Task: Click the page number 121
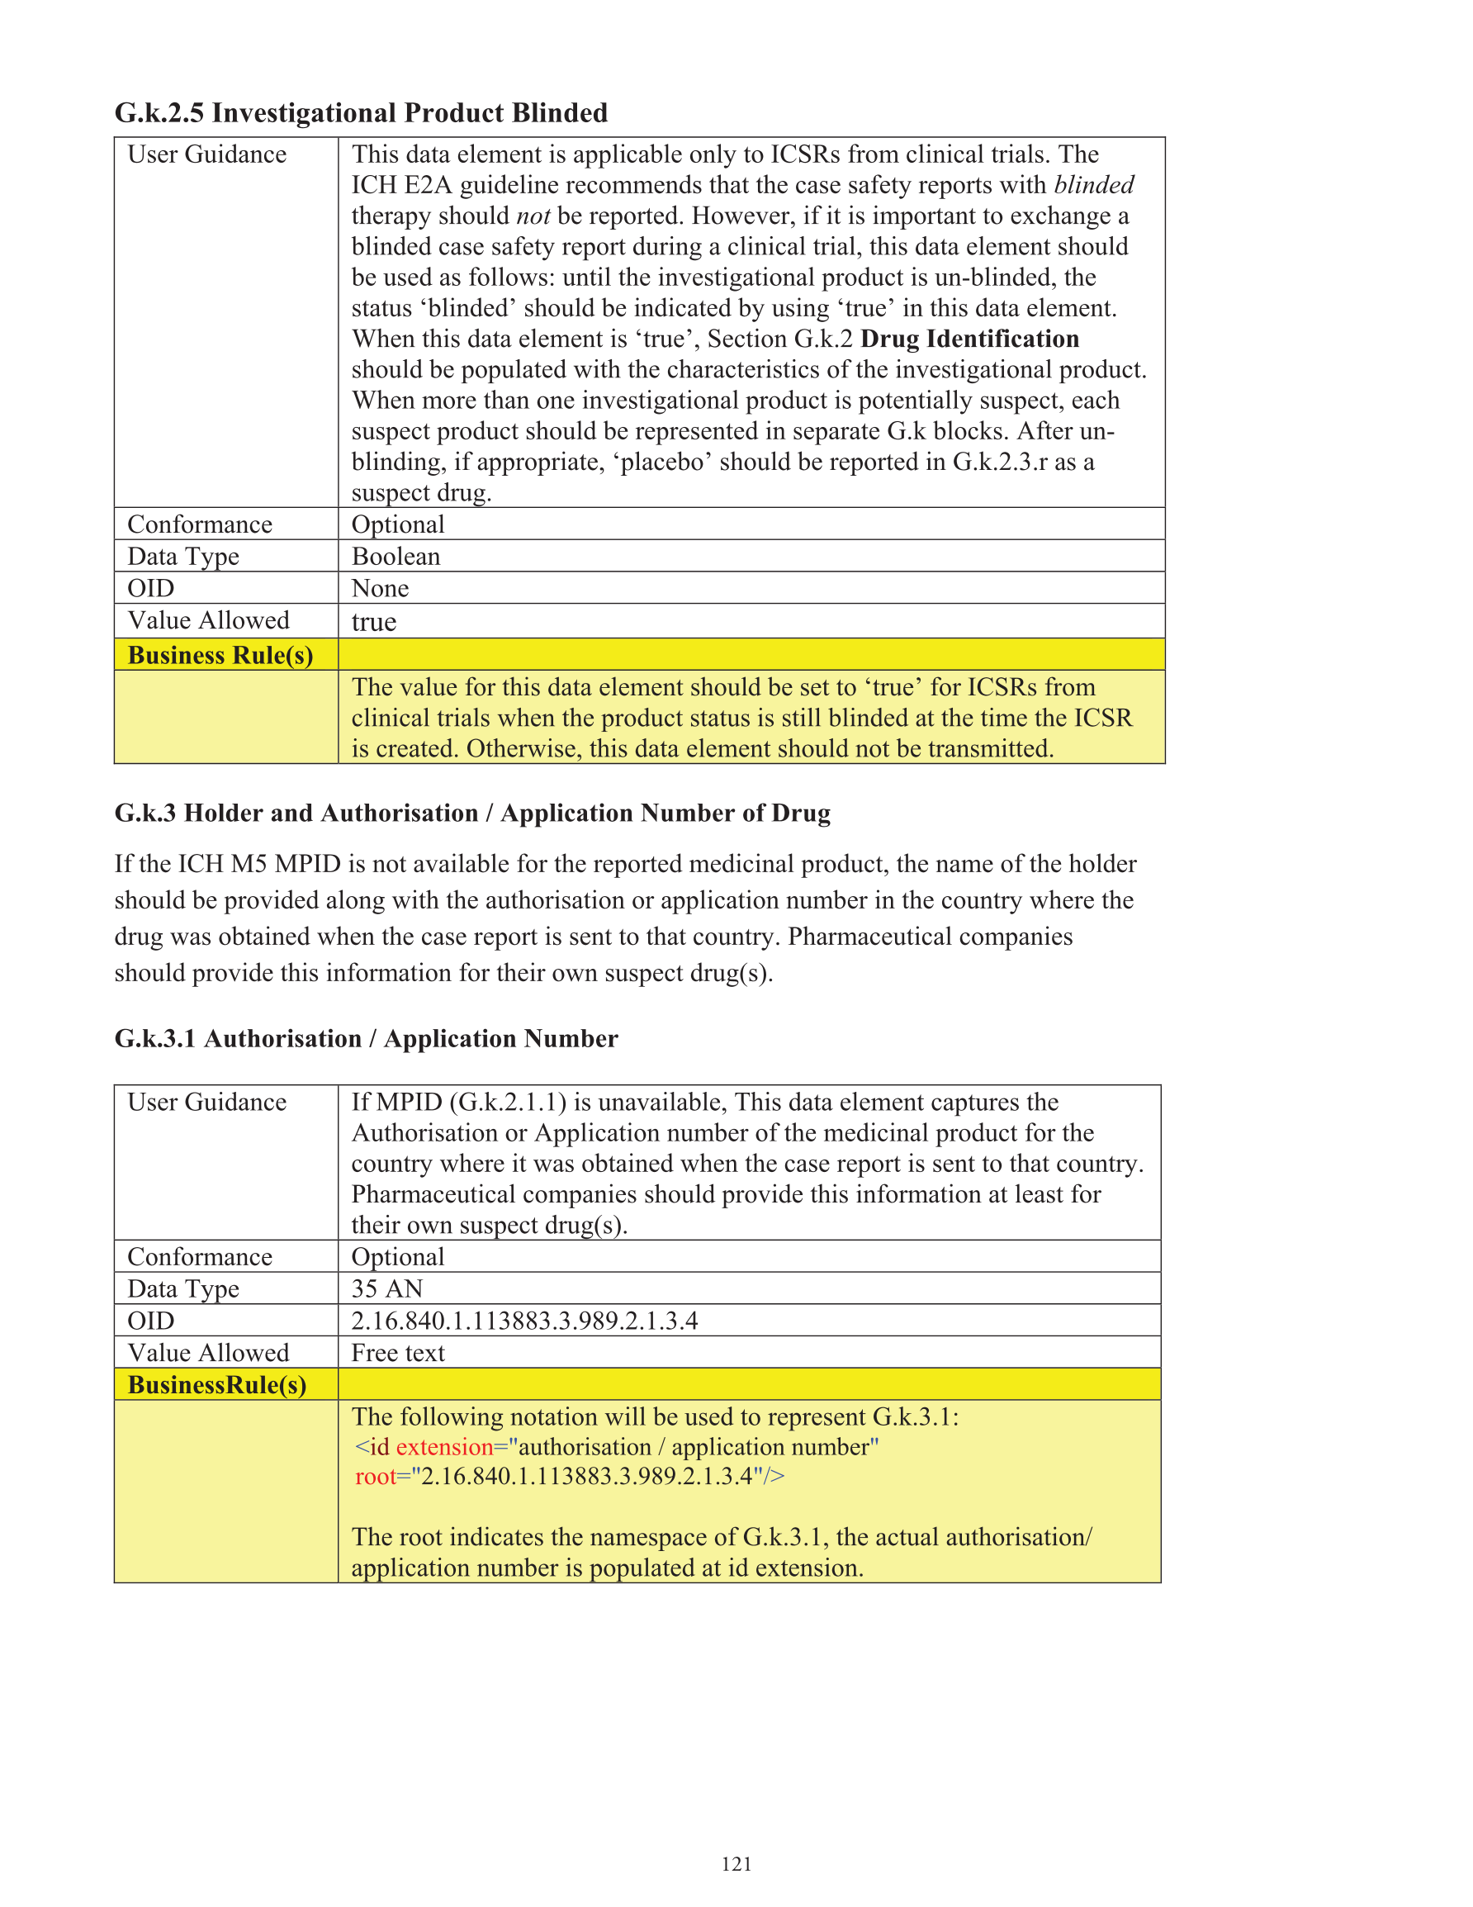[736, 1863]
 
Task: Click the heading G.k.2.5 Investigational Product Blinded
[361, 113]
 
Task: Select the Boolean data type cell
[395, 556]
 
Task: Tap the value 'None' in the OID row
[380, 589]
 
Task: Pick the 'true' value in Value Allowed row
[374, 622]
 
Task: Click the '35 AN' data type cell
[386, 1288]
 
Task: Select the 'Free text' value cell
[398, 1353]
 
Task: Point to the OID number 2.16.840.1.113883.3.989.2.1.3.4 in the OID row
[523, 1321]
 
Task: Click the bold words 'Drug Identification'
[969, 339]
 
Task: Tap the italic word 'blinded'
[1093, 185]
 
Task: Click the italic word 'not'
[533, 216]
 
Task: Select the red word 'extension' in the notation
[444, 1447]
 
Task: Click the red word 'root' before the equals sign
[376, 1477]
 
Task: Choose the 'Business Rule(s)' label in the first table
[220, 655]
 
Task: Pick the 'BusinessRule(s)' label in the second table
[216, 1385]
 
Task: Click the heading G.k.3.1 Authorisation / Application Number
[366, 1039]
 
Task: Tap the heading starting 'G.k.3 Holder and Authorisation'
[471, 813]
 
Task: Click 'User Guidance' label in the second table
[207, 1102]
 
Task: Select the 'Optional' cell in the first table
[398, 524]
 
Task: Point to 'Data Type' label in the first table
[183, 556]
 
